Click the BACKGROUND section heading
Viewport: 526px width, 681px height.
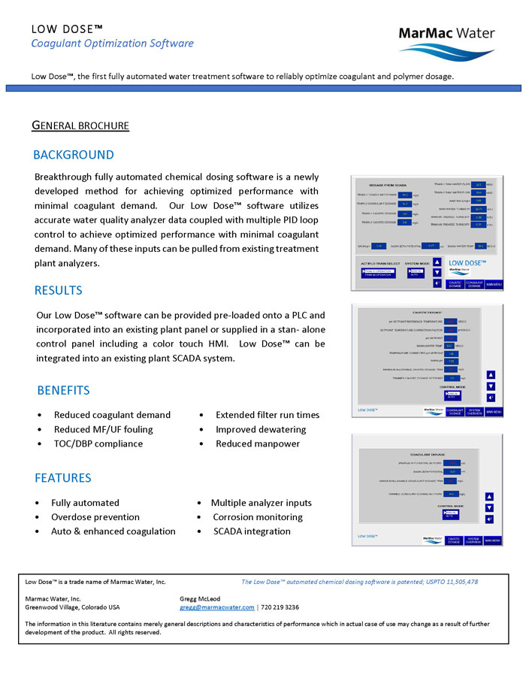74,155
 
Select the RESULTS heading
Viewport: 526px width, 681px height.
59,290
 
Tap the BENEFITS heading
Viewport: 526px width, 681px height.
63,390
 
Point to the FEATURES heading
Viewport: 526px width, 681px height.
63,478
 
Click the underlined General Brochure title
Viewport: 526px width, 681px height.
80,126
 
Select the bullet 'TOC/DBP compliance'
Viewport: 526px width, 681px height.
98,443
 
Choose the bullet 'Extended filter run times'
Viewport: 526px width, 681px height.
268,415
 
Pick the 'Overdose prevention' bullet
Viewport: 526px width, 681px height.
95,517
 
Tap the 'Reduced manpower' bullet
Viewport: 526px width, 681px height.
258,443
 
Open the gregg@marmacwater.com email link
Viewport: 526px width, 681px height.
217,607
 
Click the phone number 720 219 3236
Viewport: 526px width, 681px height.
280,607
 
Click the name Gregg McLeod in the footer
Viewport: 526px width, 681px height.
201,598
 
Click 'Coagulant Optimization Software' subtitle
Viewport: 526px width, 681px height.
112,43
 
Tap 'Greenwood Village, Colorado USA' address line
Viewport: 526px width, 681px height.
72,607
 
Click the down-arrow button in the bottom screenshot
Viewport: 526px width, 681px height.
489,507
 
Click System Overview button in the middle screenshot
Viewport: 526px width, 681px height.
474,412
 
